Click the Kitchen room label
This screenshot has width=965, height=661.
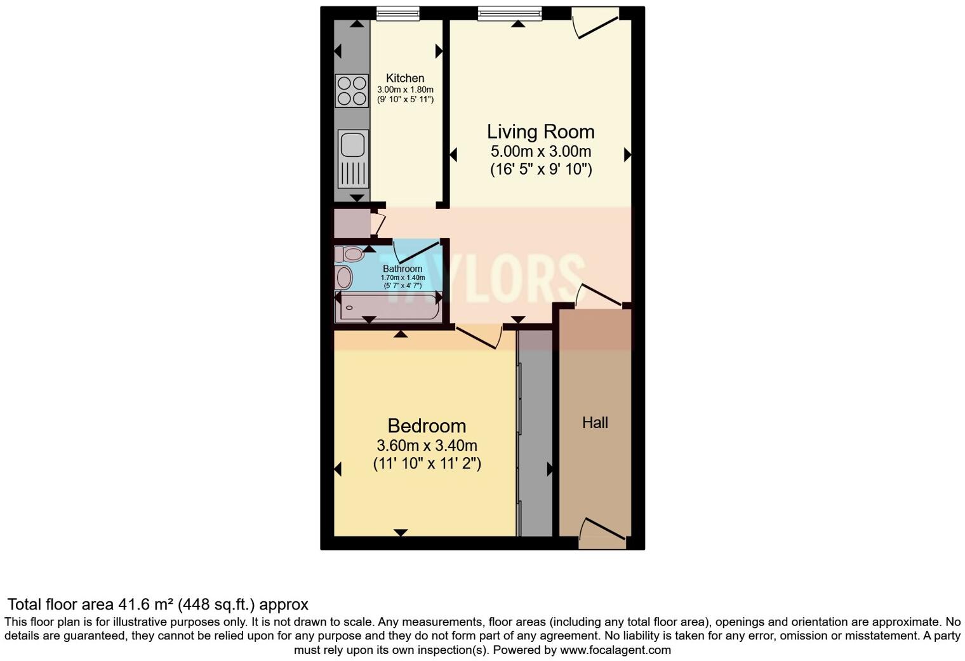coord(405,78)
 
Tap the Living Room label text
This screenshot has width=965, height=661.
coord(540,131)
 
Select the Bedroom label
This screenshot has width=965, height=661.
coord(427,425)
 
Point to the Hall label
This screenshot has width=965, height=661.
coord(595,423)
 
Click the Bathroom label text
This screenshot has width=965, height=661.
coord(403,269)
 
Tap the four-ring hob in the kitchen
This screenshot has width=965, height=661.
coord(352,90)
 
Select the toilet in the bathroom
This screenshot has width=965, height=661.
coord(349,255)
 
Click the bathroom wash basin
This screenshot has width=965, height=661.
coord(343,277)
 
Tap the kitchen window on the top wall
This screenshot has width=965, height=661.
coord(397,13)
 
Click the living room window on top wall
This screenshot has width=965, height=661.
coord(510,13)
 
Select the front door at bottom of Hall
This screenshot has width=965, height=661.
coord(601,535)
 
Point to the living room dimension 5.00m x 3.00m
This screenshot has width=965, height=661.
coord(540,152)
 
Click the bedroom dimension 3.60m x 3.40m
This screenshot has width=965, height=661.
coord(427,445)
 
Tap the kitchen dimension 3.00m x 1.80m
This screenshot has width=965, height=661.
coord(405,90)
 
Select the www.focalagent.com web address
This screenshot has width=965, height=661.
coord(615,650)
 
